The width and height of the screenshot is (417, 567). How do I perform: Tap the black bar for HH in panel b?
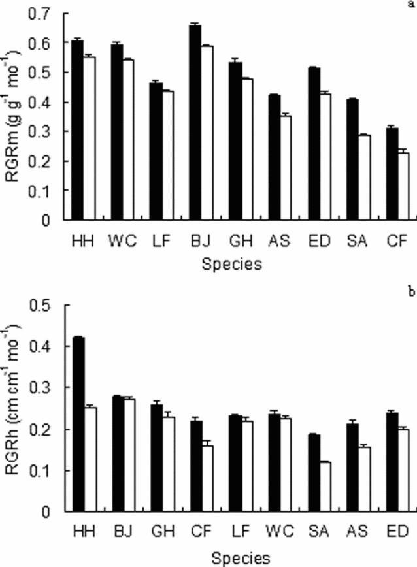tap(78, 425)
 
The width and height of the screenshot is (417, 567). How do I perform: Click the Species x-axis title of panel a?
tap(232, 264)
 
